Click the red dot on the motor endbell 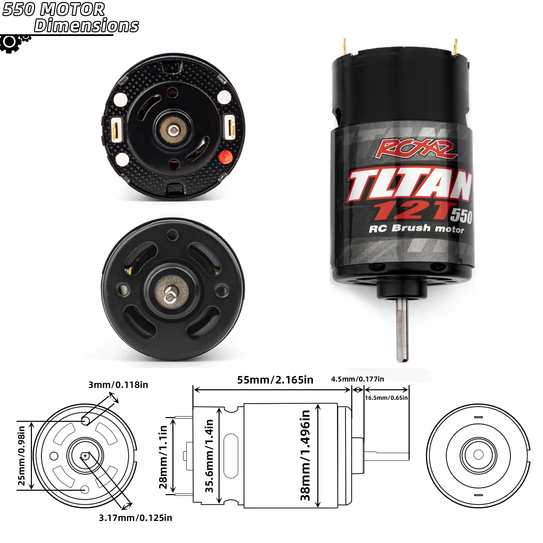click(x=226, y=156)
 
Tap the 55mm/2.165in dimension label click(x=275, y=380)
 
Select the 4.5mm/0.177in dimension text click(x=357, y=379)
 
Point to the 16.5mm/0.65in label click(x=386, y=398)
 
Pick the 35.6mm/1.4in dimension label click(x=209, y=456)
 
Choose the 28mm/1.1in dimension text click(x=163, y=457)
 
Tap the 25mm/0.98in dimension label click(x=21, y=456)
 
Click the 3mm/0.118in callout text click(x=118, y=385)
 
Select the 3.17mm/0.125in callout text click(x=135, y=518)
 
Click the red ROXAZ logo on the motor click(x=416, y=149)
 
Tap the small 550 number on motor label click(x=461, y=216)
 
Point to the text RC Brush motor click(x=416, y=228)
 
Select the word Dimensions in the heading click(x=86, y=25)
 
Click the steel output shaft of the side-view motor click(x=402, y=329)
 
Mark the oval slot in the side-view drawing click(x=231, y=456)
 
